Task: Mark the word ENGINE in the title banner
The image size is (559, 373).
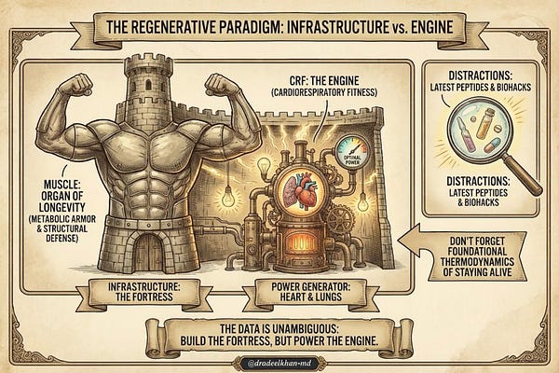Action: [x=425, y=23]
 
